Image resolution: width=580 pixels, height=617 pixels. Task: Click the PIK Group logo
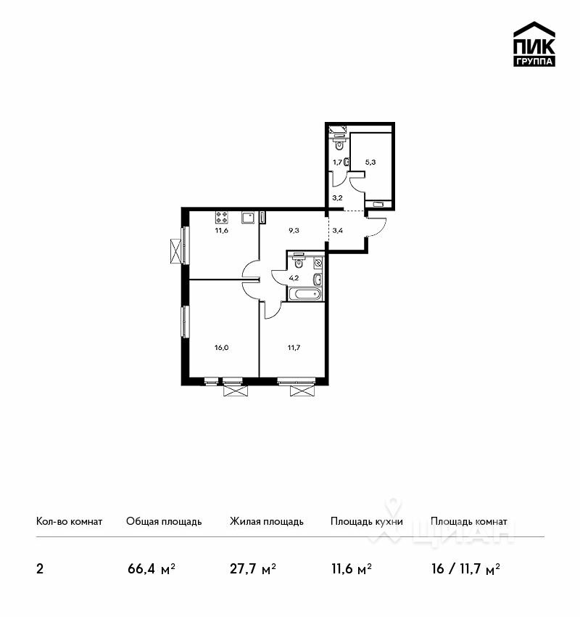tap(534, 44)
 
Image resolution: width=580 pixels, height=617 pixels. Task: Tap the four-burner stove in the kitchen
tap(222, 218)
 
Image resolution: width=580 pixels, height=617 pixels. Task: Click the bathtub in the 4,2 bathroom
tap(305, 294)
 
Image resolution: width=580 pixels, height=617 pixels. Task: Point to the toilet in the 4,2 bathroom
tap(299, 260)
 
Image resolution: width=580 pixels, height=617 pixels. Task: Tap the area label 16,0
tap(222, 348)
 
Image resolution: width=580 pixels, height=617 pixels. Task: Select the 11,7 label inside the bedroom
tap(294, 348)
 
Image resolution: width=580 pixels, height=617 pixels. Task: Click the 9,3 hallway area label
tap(294, 231)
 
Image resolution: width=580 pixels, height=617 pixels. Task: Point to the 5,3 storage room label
tap(370, 162)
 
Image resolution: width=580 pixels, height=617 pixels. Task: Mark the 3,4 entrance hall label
tap(338, 231)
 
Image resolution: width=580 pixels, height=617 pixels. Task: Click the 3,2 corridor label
tap(337, 198)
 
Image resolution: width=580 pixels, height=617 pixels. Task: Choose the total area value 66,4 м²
tap(152, 569)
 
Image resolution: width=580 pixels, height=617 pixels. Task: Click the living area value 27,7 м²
tap(253, 569)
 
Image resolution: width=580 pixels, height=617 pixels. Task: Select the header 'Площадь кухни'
tap(367, 521)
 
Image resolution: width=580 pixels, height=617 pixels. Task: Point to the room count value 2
tap(40, 569)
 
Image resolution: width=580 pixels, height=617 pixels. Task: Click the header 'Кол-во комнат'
tap(69, 521)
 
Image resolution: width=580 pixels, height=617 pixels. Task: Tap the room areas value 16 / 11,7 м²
tap(465, 569)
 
